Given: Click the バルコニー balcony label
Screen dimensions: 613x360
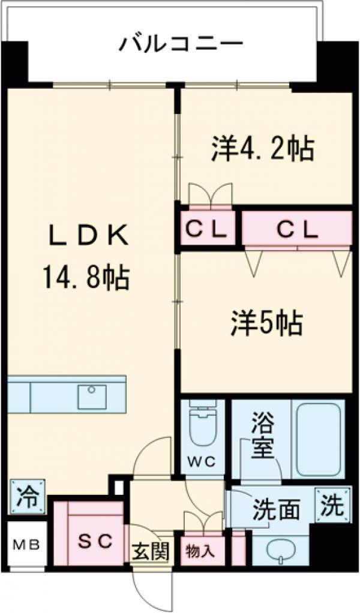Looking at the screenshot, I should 181,43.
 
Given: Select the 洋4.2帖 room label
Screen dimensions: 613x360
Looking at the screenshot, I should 262,148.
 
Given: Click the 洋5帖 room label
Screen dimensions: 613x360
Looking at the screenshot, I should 267,324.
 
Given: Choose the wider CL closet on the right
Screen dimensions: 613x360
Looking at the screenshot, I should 296,229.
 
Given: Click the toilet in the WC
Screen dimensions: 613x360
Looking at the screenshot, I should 203,425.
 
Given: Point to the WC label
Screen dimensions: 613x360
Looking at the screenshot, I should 203,462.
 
